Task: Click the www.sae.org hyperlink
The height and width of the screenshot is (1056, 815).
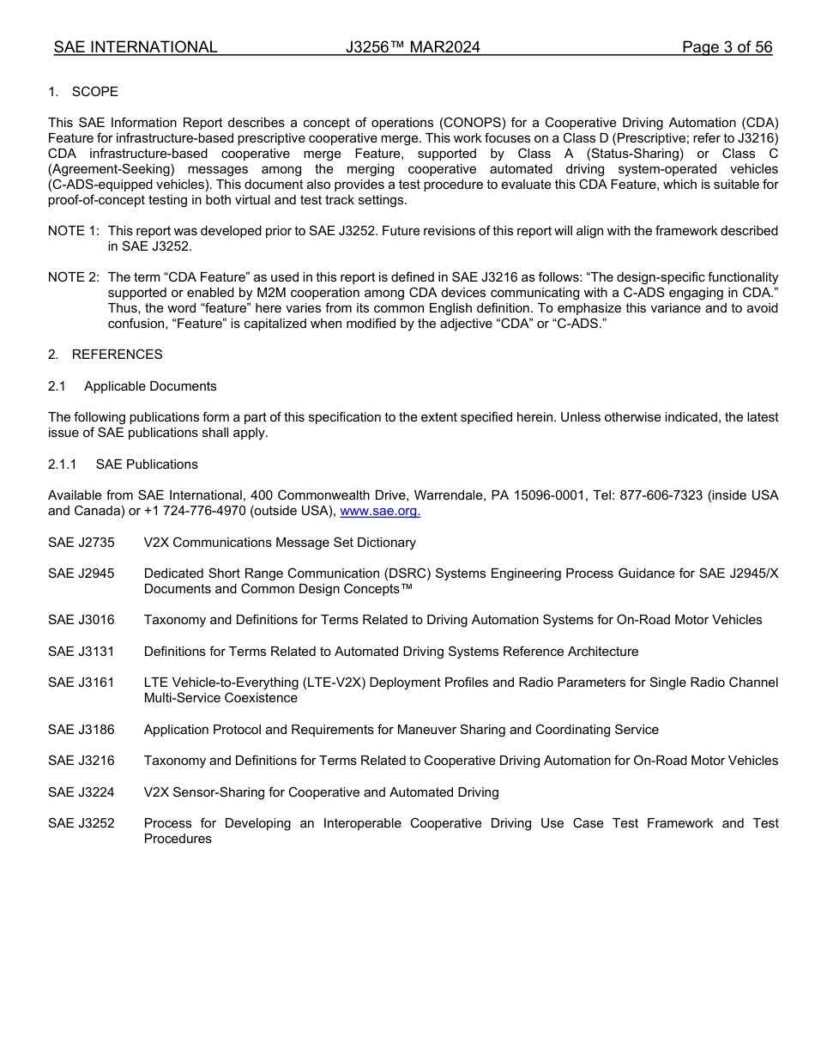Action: [x=380, y=512]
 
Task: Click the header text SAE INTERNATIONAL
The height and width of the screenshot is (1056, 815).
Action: [x=136, y=48]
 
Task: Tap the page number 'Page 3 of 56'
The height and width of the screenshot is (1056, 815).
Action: [x=727, y=48]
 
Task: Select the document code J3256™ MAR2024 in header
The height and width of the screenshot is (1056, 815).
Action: [x=413, y=48]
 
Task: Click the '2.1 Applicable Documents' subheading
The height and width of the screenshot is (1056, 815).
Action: [x=132, y=386]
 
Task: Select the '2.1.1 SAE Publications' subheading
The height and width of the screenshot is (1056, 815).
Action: [x=123, y=464]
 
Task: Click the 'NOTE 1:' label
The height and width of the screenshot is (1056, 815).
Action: [x=74, y=231]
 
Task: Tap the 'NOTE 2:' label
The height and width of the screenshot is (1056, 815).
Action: [x=74, y=277]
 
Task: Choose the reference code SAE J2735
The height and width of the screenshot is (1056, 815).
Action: [x=81, y=543]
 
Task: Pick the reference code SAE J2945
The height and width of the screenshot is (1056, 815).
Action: [x=81, y=574]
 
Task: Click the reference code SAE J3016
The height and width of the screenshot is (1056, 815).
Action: [x=81, y=620]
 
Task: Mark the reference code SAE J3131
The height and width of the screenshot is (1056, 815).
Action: [x=81, y=652]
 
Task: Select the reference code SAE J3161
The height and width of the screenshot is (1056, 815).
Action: [x=81, y=683]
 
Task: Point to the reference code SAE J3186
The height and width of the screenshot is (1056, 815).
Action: [x=81, y=730]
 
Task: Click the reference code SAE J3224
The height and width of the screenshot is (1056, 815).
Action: [x=81, y=792]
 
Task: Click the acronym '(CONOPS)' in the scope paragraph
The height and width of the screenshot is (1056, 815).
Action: [x=495, y=123]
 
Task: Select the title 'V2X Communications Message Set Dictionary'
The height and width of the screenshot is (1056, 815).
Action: [x=280, y=543]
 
